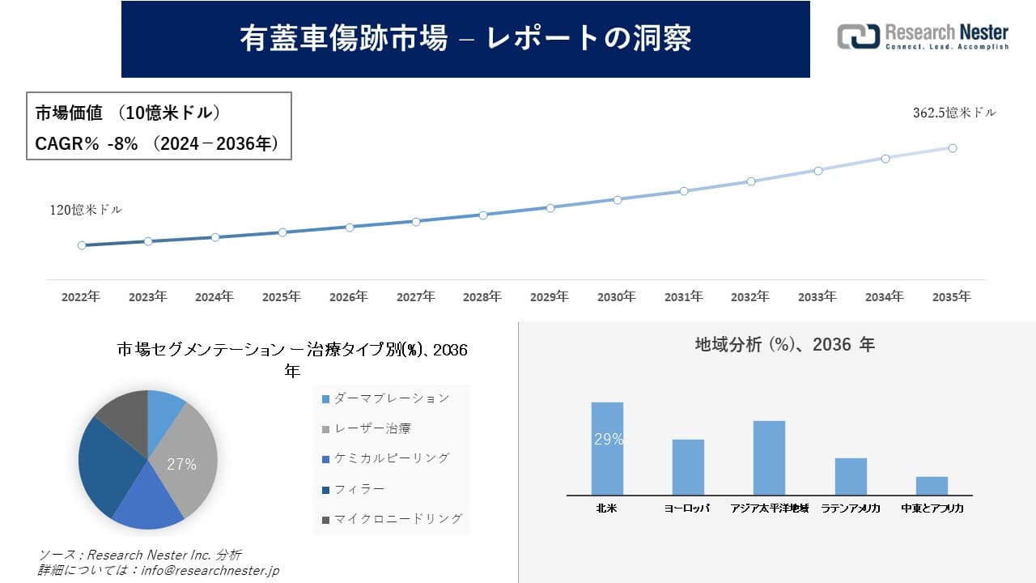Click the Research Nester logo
[923, 36]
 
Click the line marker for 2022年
[82, 245]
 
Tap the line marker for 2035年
[953, 148]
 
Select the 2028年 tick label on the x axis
[482, 297]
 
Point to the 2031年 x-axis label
[683, 297]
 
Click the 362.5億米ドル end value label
[954, 113]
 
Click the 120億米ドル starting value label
[86, 210]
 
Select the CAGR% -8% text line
[157, 143]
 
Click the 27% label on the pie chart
[181, 464]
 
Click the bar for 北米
[607, 449]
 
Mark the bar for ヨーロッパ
[688, 467]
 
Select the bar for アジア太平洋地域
[769, 457]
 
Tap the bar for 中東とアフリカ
[932, 486]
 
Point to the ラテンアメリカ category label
[851, 509]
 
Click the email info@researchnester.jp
[210, 571]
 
